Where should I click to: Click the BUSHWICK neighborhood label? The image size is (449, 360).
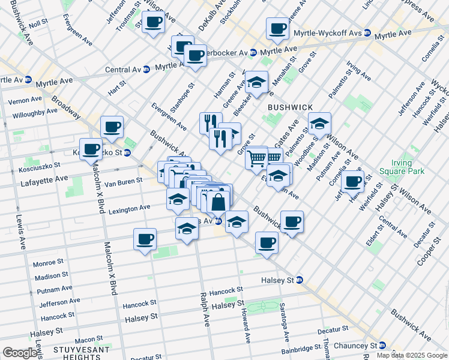pos(291,107)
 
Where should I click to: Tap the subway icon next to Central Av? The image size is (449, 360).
pos(146,69)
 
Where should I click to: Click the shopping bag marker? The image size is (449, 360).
pos(219,202)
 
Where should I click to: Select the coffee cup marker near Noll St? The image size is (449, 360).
pos(153,23)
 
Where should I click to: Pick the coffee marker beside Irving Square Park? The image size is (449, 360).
pos(352,180)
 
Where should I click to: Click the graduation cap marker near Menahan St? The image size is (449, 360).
pos(257,82)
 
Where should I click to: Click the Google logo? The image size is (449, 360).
pos(20,353)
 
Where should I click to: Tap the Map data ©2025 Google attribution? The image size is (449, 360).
pos(411,355)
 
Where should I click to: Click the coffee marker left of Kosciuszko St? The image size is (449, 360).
pos(91,149)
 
